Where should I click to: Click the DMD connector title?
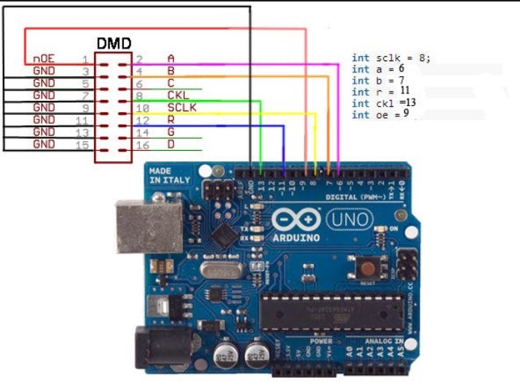click(x=114, y=43)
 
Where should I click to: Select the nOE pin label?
click(x=43, y=58)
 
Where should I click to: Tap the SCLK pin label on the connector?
click(x=181, y=107)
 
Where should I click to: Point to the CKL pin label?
click(x=177, y=95)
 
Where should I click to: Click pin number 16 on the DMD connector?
click(x=141, y=143)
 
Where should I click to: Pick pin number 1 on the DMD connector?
click(x=85, y=58)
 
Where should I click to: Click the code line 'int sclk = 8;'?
click(x=391, y=57)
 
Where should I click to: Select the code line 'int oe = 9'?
click(x=380, y=115)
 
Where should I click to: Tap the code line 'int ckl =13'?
click(x=383, y=103)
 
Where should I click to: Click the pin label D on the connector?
click(x=171, y=143)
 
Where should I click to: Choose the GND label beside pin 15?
click(x=44, y=143)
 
